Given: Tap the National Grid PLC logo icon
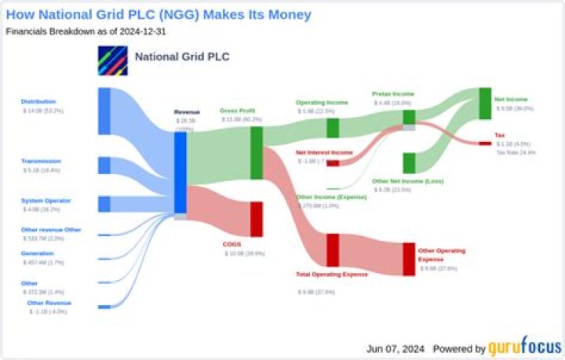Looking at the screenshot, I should pos(112,60).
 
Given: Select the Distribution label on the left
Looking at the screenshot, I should pos(38,101).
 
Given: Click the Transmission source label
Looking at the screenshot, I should pos(41,161).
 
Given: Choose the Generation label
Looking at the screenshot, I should pos(37,253).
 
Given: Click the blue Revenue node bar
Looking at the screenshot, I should pos(180,173).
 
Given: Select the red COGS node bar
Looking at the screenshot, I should pos(256,219).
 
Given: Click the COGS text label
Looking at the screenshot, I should pos(232,244).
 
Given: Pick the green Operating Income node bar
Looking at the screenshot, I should pos(333,127).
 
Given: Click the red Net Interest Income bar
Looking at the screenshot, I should pos(333,163).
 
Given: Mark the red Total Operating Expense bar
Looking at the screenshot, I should pos(333,250).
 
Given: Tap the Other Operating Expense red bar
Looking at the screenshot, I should pos(409,259).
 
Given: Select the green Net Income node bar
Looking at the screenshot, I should pos(485,104).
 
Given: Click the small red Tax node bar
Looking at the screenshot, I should pos(485,143).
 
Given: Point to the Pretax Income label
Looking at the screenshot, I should pos(393,94).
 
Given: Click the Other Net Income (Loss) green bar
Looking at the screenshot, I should pos(409,162).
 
